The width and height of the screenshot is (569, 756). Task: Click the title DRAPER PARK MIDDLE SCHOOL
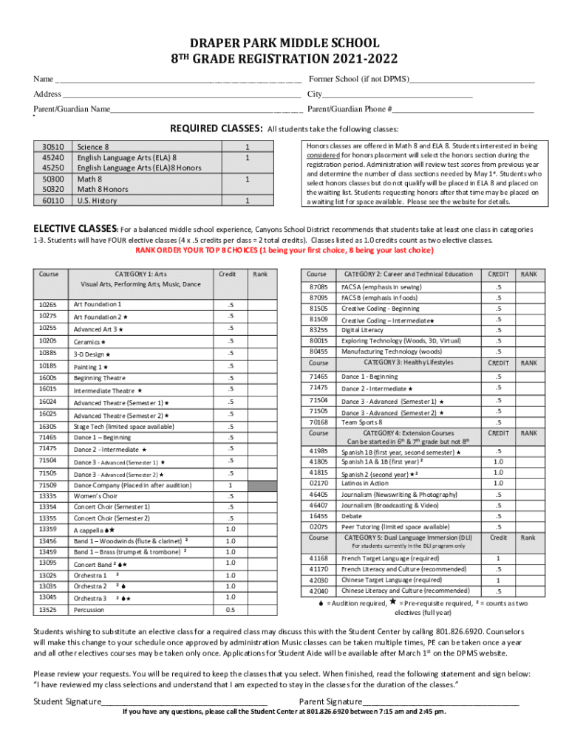(x=284, y=44)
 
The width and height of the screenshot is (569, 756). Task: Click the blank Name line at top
(x=177, y=80)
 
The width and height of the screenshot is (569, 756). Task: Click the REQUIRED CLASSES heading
(x=217, y=128)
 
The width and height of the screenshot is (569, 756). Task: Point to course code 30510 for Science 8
(x=52, y=147)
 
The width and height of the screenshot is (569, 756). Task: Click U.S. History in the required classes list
(x=97, y=200)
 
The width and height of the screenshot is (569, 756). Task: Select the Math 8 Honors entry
(x=103, y=189)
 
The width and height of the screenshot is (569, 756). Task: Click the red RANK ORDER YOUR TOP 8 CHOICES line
(x=284, y=250)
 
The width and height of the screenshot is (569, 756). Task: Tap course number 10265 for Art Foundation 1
(x=50, y=304)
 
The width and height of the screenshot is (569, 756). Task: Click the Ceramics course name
(x=89, y=342)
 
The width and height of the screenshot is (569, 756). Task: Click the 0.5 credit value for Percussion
(x=231, y=610)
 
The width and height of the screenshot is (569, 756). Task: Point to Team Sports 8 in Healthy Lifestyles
(x=362, y=422)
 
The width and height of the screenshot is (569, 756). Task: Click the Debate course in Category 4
(x=352, y=516)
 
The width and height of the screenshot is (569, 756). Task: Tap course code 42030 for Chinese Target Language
(x=318, y=580)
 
